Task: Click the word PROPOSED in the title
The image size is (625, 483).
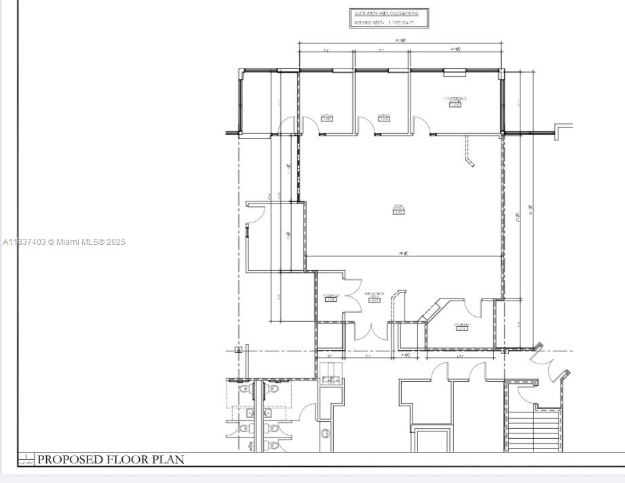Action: click(66, 459)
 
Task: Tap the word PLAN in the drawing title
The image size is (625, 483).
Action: click(168, 459)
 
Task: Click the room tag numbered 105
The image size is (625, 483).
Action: click(326, 119)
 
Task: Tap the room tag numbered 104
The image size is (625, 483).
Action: click(383, 119)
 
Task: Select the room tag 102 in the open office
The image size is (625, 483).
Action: click(398, 212)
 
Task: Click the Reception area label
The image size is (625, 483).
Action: click(374, 296)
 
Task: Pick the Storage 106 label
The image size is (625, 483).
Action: click(330, 298)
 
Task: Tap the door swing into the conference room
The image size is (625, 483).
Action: click(421, 125)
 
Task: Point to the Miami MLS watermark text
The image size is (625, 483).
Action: click(64, 242)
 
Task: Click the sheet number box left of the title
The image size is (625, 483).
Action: click(26, 460)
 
